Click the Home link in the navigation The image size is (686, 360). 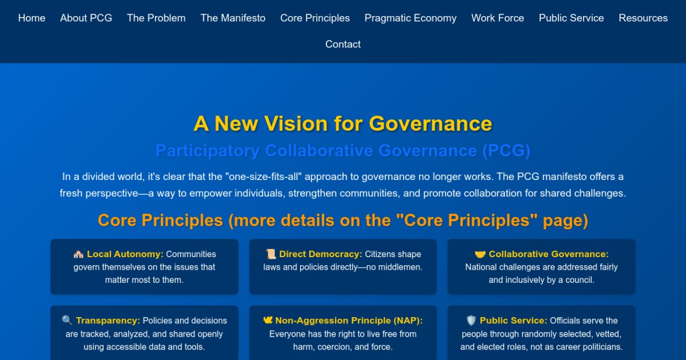pos(31,18)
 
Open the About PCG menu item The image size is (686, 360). pos(86,18)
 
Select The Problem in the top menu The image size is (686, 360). pos(156,18)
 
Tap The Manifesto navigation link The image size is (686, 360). pos(233,18)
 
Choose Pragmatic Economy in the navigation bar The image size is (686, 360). pos(410,18)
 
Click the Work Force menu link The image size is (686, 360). pos(497,18)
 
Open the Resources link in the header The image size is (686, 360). pos(643,18)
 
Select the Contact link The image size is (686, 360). pos(343,45)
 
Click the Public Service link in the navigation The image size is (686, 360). pos(571,18)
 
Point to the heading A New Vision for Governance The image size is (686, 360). pos(343,123)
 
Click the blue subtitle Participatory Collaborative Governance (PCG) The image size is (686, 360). pos(343,151)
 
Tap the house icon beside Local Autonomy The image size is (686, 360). pos(78,254)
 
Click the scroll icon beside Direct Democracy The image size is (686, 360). pos(271,254)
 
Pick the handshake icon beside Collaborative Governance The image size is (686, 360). pos(480,254)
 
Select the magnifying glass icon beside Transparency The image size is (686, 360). pos(67,321)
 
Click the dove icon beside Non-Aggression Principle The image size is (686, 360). pos(268,321)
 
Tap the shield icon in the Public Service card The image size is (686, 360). pos(471,321)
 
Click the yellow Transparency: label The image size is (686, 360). pos(108,321)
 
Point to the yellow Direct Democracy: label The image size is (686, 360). pos(321,254)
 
